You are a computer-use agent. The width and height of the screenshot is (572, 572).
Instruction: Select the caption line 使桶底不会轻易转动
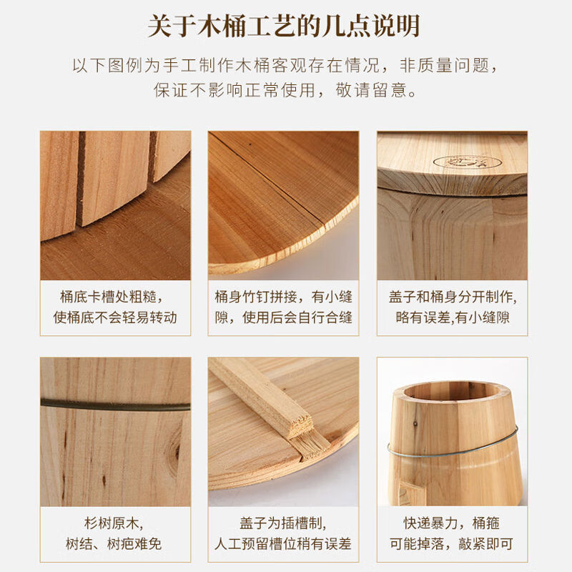click(x=115, y=317)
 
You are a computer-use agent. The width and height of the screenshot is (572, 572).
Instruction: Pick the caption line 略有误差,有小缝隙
click(x=453, y=317)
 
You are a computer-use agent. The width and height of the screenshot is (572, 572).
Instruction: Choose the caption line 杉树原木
click(x=115, y=523)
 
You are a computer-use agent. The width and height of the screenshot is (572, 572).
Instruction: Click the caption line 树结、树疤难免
click(x=115, y=544)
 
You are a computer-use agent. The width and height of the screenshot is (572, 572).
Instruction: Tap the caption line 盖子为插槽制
click(x=284, y=523)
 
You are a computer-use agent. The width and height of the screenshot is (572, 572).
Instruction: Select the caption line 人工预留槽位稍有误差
click(x=284, y=544)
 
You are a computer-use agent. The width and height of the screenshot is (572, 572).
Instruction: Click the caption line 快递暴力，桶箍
click(x=453, y=523)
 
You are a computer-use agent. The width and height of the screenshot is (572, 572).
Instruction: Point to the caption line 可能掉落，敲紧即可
click(x=453, y=544)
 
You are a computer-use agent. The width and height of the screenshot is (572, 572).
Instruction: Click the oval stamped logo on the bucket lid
click(x=458, y=162)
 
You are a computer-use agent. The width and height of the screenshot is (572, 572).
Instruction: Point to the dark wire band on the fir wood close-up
click(x=115, y=405)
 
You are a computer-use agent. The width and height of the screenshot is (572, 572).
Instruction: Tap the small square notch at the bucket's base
click(x=409, y=493)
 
